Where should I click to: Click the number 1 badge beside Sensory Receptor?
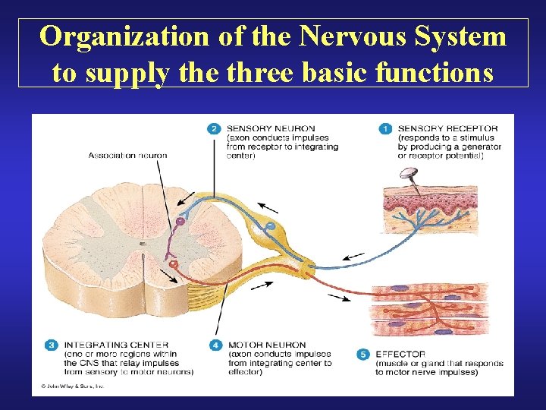384,129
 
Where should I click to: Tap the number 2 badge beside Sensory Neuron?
215,129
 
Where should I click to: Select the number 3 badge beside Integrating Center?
51,345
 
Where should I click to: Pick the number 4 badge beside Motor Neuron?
215,345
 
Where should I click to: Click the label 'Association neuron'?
127,156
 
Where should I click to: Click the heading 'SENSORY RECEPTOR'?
447,128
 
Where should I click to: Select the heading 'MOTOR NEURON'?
266,345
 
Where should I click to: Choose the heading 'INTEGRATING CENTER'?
116,345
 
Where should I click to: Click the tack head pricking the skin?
411,174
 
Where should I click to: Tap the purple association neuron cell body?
180,222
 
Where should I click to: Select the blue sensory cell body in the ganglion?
270,226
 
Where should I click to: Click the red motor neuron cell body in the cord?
174,263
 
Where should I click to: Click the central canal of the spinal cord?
142,244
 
